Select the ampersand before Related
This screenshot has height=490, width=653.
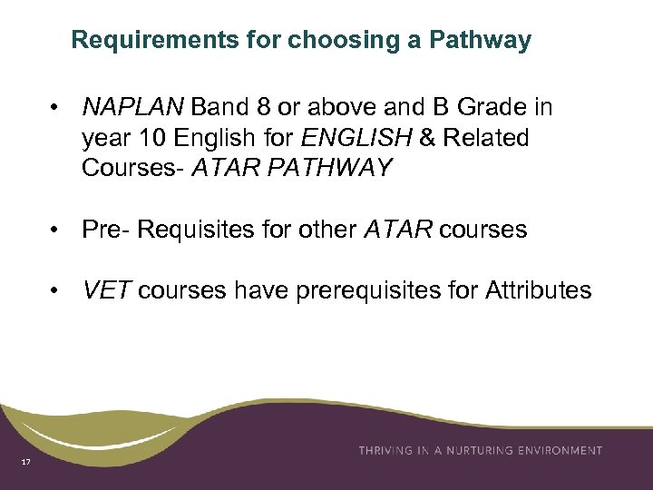click(x=424, y=138)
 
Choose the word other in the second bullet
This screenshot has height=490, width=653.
click(x=327, y=230)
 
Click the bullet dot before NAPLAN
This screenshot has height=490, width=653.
click(x=56, y=109)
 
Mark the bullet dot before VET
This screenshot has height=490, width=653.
click(x=56, y=291)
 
